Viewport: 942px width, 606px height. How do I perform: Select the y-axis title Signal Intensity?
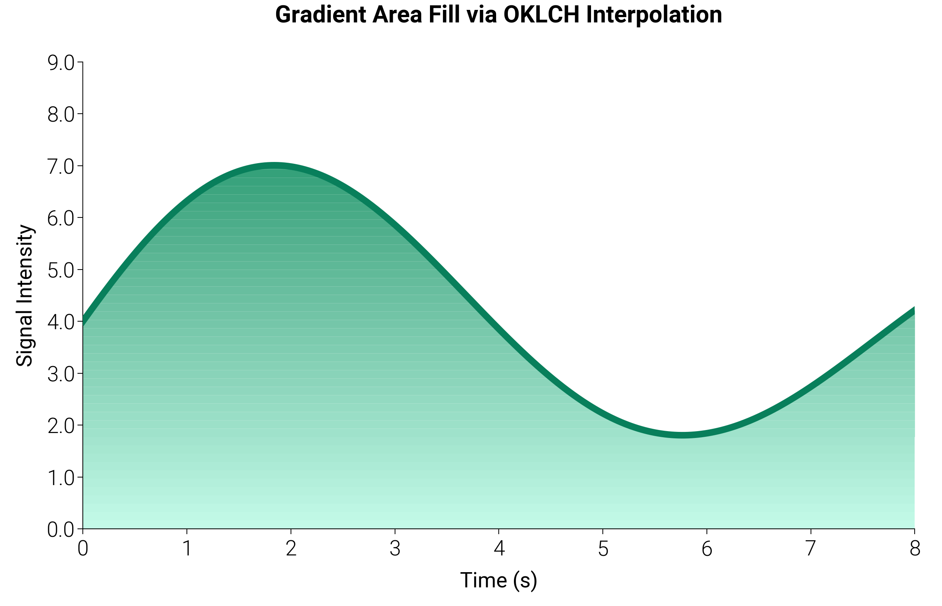click(25, 295)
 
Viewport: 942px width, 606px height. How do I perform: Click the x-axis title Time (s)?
click(498, 580)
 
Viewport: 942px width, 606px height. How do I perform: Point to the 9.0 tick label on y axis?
click(60, 63)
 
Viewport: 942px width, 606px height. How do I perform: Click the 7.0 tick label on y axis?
click(60, 167)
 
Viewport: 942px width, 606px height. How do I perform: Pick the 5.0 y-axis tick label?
click(60, 271)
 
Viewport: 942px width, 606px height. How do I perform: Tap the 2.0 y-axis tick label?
click(60, 427)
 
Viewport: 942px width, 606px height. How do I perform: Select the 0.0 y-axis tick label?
click(60, 530)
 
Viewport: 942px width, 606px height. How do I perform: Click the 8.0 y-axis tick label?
click(60, 115)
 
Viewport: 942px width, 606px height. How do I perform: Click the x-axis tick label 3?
click(395, 549)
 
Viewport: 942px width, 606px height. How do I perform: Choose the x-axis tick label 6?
click(706, 549)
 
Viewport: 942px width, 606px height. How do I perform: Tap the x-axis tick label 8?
click(915, 549)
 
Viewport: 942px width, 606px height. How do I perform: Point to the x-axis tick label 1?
click(187, 549)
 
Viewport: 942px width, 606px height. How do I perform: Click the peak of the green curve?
click(274, 165)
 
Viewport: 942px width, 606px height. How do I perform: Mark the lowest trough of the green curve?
click(683, 435)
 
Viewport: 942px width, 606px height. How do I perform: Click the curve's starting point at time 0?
click(84, 321)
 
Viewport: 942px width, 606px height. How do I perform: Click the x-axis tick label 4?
click(498, 549)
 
